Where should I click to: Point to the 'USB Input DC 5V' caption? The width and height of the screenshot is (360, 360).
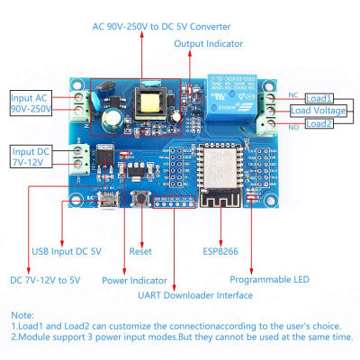67,251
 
